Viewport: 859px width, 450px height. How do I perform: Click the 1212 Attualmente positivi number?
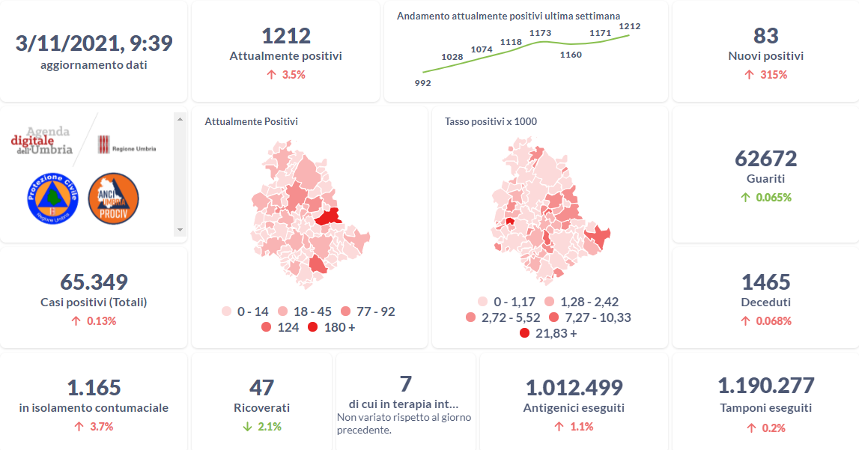(285, 35)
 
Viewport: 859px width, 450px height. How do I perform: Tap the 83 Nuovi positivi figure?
(765, 35)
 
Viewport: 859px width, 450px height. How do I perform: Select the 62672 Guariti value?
(765, 158)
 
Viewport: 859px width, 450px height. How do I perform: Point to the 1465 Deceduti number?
(765, 282)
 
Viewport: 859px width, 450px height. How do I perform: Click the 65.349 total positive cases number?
(94, 282)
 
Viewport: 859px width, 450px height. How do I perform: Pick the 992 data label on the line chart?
(422, 83)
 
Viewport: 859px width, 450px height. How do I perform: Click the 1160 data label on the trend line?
(571, 55)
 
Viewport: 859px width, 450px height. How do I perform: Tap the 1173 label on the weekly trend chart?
(540, 33)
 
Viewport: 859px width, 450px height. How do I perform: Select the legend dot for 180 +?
(312, 327)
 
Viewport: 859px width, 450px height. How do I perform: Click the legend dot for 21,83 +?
(525, 333)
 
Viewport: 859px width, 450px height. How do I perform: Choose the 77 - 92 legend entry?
(368, 311)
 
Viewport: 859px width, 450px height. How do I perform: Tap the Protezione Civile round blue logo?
(53, 198)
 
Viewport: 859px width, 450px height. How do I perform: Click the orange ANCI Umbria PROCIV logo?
(113, 198)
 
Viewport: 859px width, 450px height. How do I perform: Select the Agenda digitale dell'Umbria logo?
(43, 140)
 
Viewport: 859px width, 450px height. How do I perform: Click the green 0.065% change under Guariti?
(765, 198)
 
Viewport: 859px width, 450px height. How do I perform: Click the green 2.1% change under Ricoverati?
(261, 427)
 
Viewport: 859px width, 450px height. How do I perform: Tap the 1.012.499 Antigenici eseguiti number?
(574, 388)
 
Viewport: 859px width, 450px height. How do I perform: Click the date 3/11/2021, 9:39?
(94, 43)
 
